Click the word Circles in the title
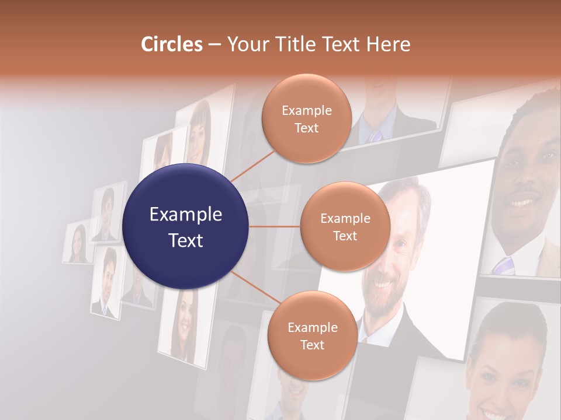coord(172,44)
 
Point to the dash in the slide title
coord(214,45)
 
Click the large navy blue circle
coord(185,226)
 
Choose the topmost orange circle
coord(306,118)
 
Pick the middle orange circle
coord(345,226)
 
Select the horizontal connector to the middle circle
coord(275,226)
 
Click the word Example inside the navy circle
coord(185,215)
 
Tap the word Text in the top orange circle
coord(306,128)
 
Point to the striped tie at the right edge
coord(503,265)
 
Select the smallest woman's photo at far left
coord(78,243)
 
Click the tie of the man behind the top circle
coord(375,135)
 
